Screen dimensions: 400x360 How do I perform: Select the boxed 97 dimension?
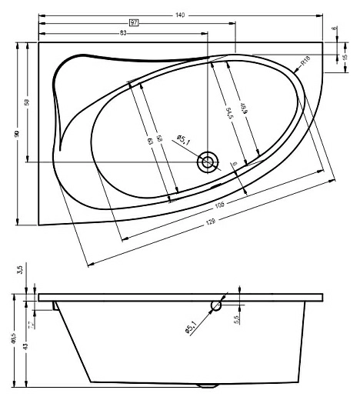click(x=133, y=24)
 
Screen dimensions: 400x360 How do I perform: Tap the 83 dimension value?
click(x=123, y=34)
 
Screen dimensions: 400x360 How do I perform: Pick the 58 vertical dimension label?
click(x=28, y=102)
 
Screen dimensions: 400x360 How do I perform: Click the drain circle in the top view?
click(x=207, y=162)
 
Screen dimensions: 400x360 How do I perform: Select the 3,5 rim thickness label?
click(x=19, y=271)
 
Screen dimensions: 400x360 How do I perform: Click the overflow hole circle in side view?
click(x=216, y=306)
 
